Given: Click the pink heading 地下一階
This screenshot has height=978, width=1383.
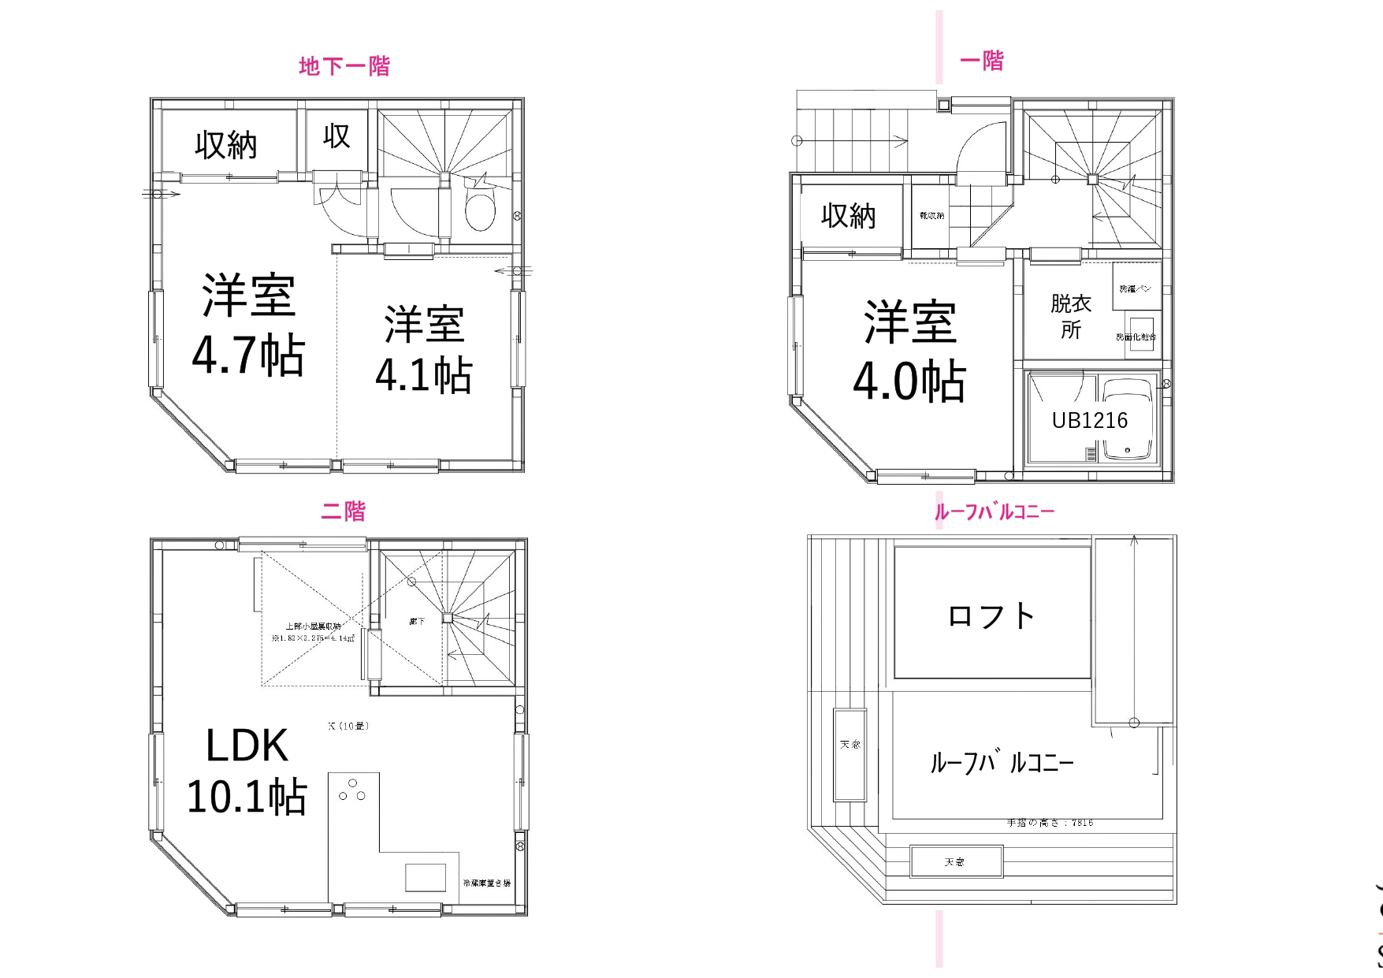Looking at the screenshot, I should click(x=344, y=66).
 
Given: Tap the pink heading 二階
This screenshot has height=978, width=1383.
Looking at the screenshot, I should click(x=344, y=511).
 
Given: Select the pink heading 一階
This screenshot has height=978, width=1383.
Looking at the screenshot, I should click(x=982, y=61).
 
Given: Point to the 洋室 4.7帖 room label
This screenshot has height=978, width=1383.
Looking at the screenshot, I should click(x=248, y=324).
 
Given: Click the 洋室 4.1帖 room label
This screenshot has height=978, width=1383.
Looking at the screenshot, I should click(x=424, y=349).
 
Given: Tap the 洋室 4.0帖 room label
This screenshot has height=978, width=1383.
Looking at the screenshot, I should click(x=909, y=351).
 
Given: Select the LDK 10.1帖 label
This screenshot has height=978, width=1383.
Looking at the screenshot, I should click(x=247, y=770).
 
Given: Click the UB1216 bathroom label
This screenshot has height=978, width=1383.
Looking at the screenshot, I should click(x=1090, y=421).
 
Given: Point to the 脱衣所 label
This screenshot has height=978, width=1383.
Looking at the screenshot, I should click(x=1071, y=316).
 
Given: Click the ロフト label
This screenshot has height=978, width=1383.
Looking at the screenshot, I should click(x=991, y=615).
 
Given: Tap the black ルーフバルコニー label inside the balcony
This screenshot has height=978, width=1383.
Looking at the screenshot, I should click(x=1002, y=762).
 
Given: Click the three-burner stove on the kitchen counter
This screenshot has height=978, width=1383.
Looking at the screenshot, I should click(x=352, y=790).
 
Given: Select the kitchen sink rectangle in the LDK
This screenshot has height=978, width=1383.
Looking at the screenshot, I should click(x=426, y=877).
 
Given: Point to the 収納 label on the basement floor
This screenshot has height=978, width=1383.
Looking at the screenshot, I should click(x=226, y=145).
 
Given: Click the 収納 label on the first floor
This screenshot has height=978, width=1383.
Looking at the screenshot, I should click(x=849, y=216).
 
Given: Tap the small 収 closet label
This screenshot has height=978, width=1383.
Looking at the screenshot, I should click(x=336, y=136).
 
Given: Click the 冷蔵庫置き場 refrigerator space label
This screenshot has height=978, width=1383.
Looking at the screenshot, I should click(x=487, y=883).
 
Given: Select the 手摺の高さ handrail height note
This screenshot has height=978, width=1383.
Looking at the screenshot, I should click(x=1050, y=823).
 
